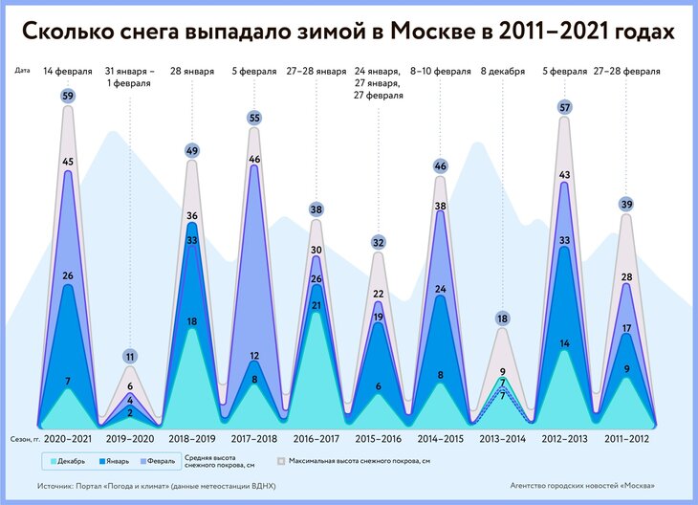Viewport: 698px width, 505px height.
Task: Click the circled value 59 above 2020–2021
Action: point(68,96)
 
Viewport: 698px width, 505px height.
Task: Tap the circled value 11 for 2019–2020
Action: point(130,357)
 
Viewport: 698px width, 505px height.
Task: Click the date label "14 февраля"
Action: point(68,72)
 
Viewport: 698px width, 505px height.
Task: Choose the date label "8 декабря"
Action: point(503,72)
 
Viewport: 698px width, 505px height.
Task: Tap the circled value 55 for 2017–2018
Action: point(254,118)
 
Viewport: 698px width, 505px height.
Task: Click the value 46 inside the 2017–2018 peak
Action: point(254,159)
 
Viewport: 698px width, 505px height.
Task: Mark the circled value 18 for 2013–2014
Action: point(502,318)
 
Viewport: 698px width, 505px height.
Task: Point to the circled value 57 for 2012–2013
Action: point(564,107)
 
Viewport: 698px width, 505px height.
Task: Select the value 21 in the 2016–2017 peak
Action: point(316,305)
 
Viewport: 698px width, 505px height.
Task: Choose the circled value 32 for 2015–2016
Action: point(379,243)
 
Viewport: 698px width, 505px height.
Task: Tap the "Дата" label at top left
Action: point(25,71)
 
